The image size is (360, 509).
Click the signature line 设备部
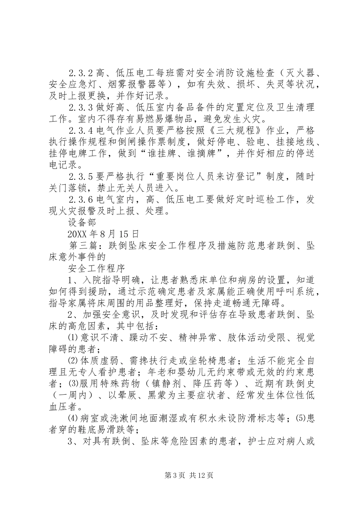(x=82, y=222)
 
